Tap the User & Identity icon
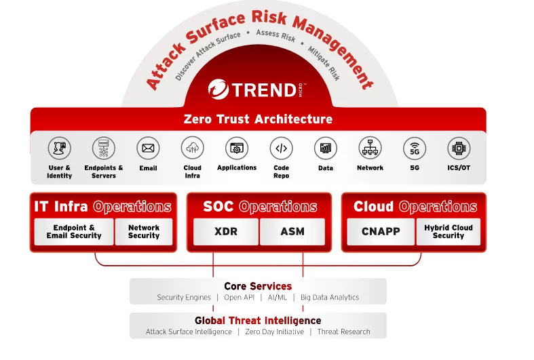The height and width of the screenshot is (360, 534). pos(60,147)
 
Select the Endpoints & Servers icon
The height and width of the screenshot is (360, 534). pos(104,147)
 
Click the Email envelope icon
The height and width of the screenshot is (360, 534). pos(148,147)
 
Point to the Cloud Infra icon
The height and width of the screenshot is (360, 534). pos(193,147)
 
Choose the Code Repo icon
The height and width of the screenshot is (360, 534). pos(281,147)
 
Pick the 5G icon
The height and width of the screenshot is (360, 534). pos(414,147)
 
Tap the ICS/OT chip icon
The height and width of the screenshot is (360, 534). pos(459,147)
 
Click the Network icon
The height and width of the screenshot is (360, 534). pos(370,147)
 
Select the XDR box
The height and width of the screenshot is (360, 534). pos(226,231)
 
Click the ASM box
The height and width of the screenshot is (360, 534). pos(292,231)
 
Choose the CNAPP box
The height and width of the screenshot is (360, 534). pos(381,231)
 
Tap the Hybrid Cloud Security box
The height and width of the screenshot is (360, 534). pos(448,231)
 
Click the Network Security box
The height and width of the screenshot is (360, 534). pos(144,231)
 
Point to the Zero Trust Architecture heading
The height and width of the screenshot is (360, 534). pos(258,119)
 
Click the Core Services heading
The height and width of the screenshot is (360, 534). pos(258,286)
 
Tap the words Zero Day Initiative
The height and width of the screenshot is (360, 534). pos(274,332)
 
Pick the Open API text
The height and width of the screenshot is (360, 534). pos(239,297)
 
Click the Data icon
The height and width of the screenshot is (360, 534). pos(326,147)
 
